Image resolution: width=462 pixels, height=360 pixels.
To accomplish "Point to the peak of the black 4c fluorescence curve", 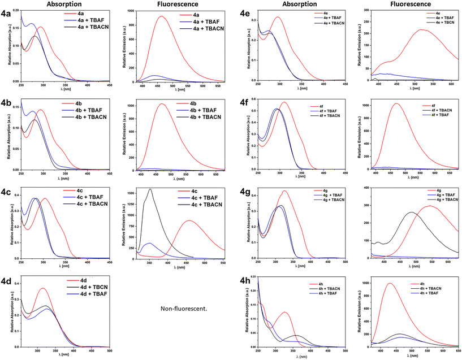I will [150, 189].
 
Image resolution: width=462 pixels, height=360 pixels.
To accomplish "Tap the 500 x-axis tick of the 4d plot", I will [109, 351].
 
